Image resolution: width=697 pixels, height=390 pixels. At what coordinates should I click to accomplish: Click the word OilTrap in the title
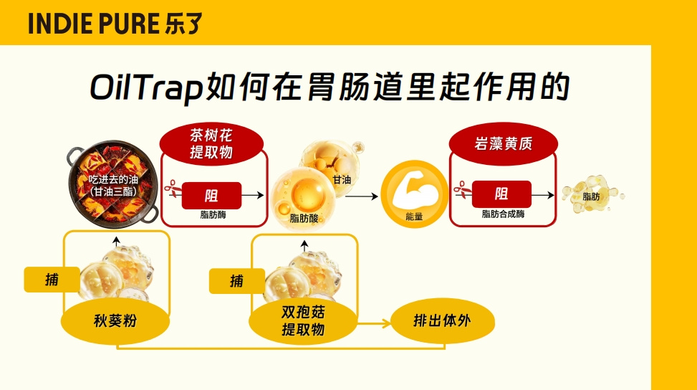click(147, 87)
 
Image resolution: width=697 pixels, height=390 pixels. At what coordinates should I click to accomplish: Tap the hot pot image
click(113, 184)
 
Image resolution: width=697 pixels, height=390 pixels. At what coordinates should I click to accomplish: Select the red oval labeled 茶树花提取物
click(211, 144)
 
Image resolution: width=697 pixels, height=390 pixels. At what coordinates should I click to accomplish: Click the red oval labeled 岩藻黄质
click(503, 144)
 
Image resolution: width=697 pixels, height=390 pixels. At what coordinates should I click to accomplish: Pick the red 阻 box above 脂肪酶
click(211, 196)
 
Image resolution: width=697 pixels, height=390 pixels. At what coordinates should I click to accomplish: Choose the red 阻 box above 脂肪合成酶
click(501, 194)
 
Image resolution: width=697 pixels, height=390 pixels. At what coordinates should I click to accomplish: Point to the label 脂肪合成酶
click(503, 214)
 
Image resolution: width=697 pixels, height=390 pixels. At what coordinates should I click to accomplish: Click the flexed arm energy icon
click(414, 194)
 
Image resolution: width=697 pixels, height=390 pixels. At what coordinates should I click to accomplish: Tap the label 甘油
click(342, 180)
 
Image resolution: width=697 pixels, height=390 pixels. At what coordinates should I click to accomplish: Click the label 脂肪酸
click(304, 219)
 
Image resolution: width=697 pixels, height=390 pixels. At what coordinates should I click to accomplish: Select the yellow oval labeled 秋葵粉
click(115, 320)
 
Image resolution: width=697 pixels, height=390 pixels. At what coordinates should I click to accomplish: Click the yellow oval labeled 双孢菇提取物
click(303, 321)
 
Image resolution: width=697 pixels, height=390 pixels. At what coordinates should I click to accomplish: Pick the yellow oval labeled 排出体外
click(442, 320)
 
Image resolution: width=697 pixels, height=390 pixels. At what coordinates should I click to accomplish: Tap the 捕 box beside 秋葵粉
click(52, 280)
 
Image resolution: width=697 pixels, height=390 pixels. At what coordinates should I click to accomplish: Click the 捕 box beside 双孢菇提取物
click(237, 281)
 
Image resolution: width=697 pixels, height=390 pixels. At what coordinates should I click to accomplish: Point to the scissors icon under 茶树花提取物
click(173, 189)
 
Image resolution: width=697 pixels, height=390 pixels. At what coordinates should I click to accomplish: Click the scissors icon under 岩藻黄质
click(463, 190)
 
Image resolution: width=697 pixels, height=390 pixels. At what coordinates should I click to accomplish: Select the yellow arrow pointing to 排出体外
click(374, 323)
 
